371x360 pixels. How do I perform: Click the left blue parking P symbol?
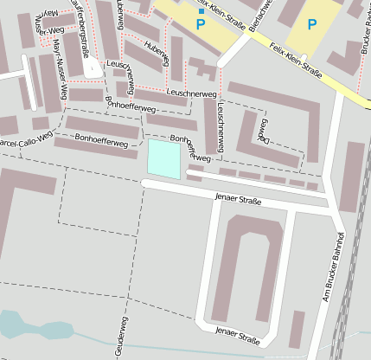[201, 26]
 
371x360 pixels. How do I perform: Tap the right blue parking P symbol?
[312, 25]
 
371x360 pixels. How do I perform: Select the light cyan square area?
[164, 158]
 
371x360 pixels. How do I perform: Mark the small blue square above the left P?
[201, 11]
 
